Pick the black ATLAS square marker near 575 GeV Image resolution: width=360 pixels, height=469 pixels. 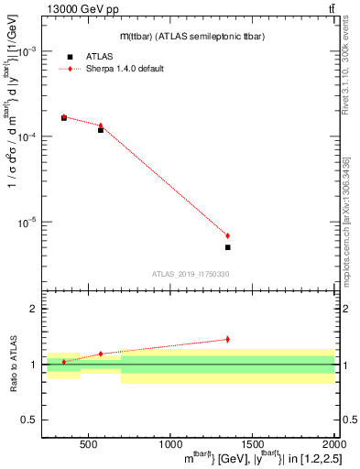pos(101,130)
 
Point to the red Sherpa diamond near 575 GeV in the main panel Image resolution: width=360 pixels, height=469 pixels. pos(101,125)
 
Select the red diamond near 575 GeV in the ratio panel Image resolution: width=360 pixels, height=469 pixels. pos(101,354)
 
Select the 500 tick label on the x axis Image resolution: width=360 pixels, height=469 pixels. pos(89,444)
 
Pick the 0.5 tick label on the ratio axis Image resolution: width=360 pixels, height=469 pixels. pos(29,420)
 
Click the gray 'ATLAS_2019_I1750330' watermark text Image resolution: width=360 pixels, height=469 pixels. pos(191,274)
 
